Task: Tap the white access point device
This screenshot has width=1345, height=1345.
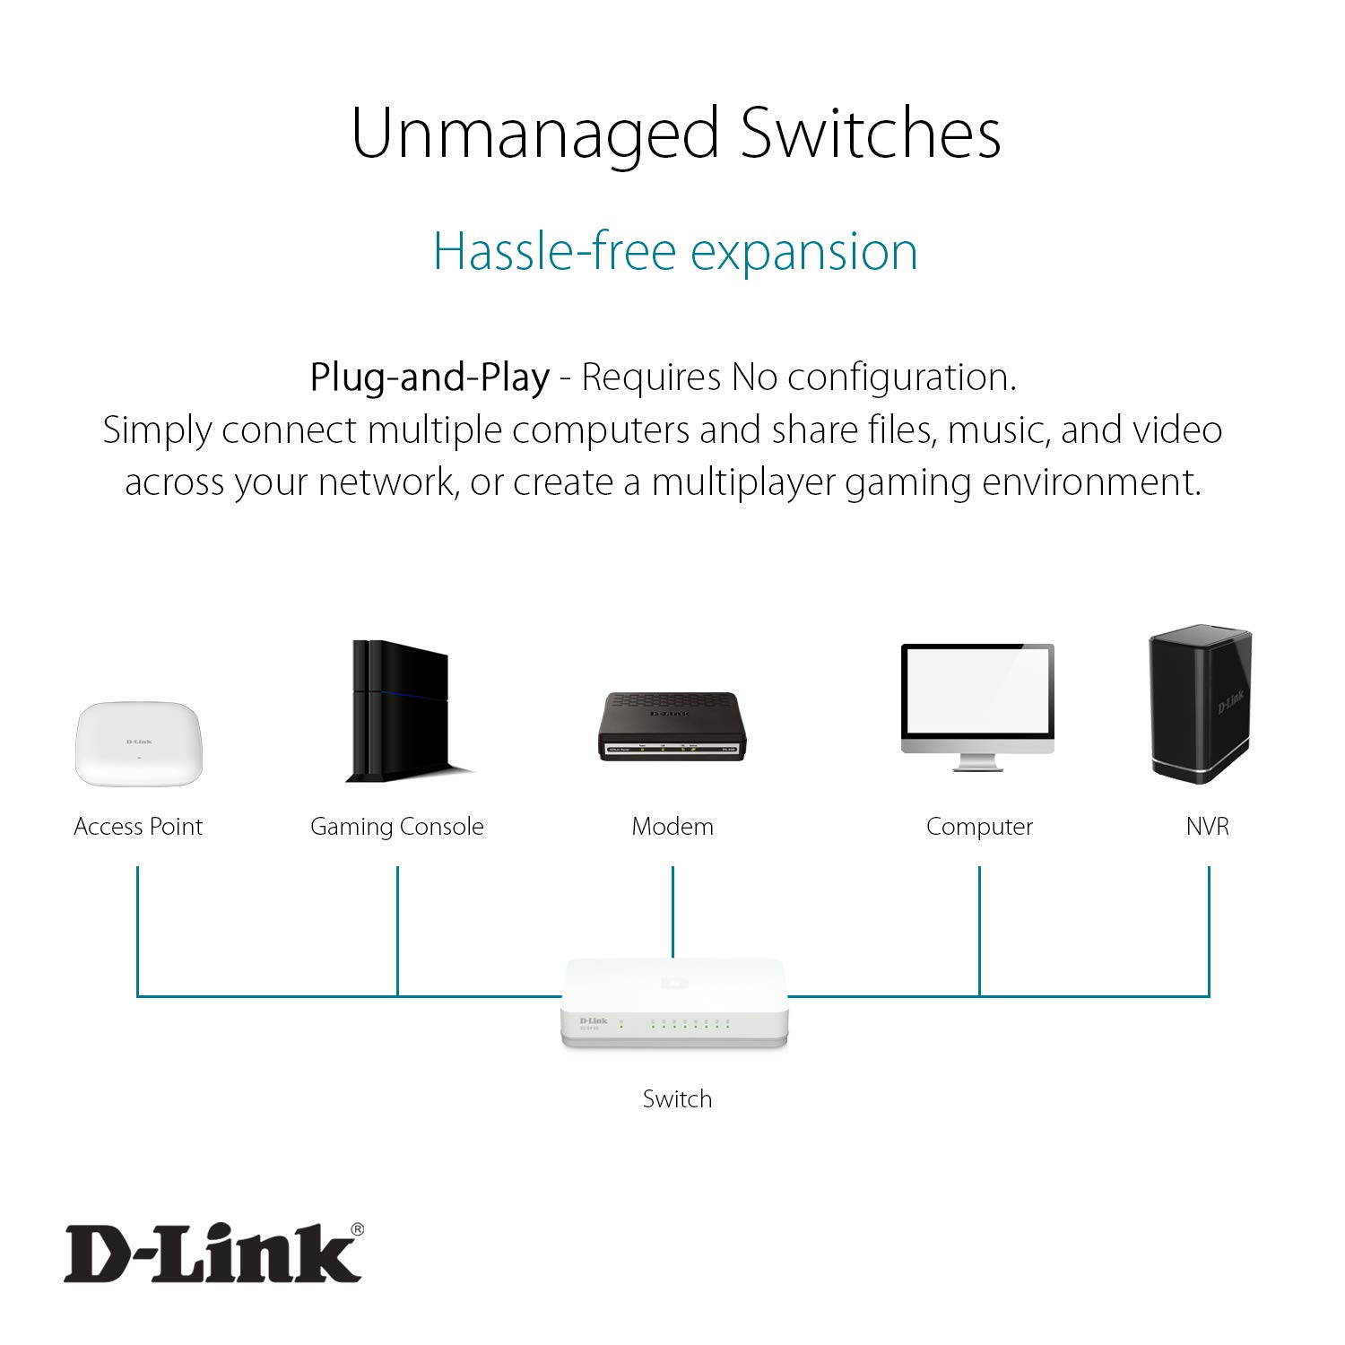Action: (139, 743)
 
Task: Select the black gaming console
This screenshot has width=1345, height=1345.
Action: (400, 711)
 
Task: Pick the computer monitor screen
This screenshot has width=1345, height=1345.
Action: (977, 699)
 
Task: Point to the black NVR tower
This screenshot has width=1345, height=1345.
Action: (1200, 704)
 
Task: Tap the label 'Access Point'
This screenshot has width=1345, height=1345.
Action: (138, 826)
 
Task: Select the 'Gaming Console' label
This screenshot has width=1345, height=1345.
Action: (396, 826)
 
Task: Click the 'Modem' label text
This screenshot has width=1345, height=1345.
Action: (672, 826)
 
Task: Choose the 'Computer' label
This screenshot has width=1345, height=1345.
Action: (979, 826)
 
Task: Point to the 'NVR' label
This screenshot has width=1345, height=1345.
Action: (1207, 826)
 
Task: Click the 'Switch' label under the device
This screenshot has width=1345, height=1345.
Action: (677, 1098)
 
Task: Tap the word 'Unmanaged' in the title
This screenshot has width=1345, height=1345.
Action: (535, 134)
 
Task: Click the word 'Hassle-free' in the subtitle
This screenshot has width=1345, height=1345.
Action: (553, 251)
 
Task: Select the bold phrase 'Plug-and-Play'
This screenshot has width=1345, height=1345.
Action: (430, 377)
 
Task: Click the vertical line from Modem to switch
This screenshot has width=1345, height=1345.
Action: (672, 910)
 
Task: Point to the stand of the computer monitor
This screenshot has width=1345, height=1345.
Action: (977, 761)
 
